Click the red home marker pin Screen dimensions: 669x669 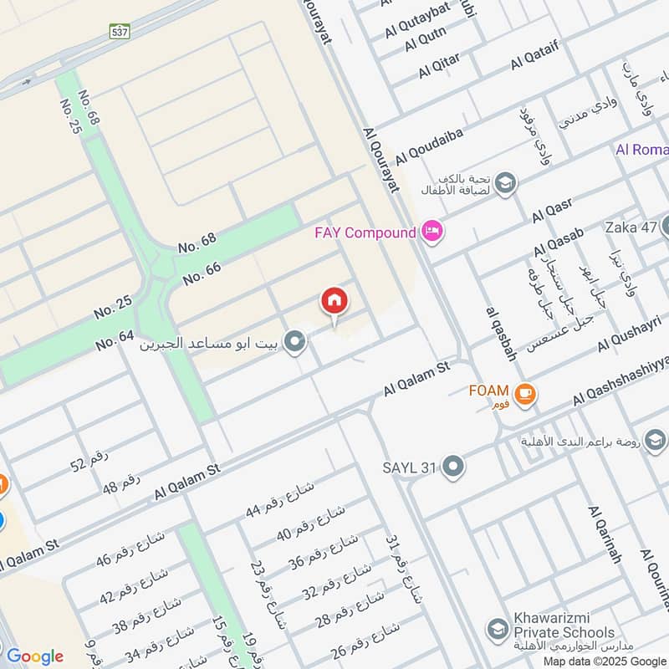tap(334, 301)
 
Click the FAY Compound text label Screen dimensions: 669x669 tap(365, 232)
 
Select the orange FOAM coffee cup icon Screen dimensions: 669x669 tap(524, 392)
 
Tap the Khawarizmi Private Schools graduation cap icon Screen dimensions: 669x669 tap(498, 628)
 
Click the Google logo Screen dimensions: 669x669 tap(34, 656)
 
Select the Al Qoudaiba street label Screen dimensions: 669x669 tap(429, 145)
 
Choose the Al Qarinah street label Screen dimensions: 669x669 tap(605, 534)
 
